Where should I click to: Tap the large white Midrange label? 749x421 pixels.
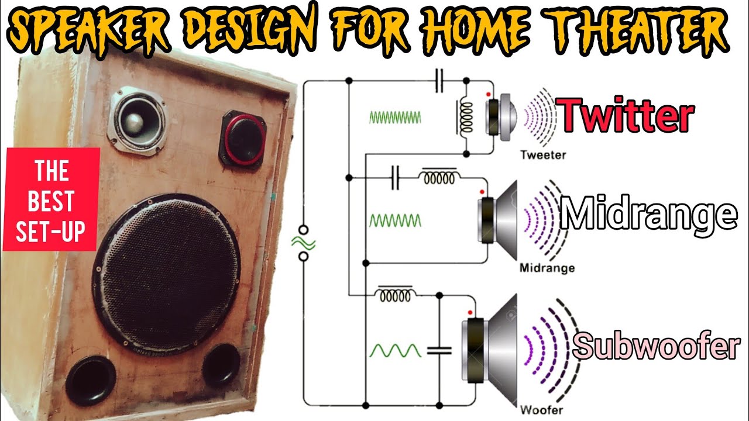(x=648, y=214)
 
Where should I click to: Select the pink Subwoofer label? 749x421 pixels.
(x=656, y=346)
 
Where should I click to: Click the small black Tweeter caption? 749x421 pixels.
(x=542, y=156)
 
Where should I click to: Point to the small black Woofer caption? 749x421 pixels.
(x=542, y=410)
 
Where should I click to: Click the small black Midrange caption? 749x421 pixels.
(x=547, y=268)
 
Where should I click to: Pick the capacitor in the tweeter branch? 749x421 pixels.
(x=440, y=81)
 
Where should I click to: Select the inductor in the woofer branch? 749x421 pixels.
(x=397, y=294)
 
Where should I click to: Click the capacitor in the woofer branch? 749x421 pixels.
(x=439, y=350)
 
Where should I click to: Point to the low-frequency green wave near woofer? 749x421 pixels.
(x=395, y=350)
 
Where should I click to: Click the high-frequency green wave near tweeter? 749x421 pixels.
(x=395, y=117)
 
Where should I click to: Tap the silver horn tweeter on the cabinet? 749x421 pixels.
(x=136, y=120)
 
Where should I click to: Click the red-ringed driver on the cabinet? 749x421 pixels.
(x=243, y=138)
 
